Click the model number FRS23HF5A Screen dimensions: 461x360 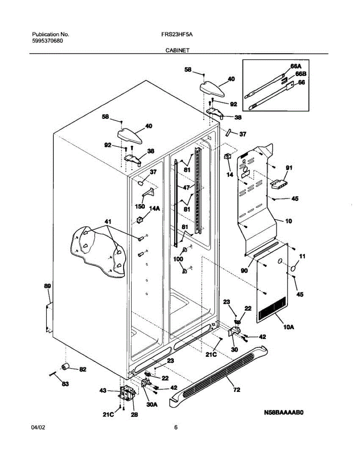177,34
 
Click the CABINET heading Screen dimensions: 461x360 177,50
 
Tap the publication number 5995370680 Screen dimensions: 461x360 48,40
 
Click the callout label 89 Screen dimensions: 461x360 47,286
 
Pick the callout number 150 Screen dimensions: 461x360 140,206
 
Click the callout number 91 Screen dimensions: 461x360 289,167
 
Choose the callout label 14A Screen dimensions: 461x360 155,209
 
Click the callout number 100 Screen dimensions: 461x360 179,259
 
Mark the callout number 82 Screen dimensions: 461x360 83,370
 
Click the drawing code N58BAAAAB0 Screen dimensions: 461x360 284,413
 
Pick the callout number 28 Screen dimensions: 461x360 135,415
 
